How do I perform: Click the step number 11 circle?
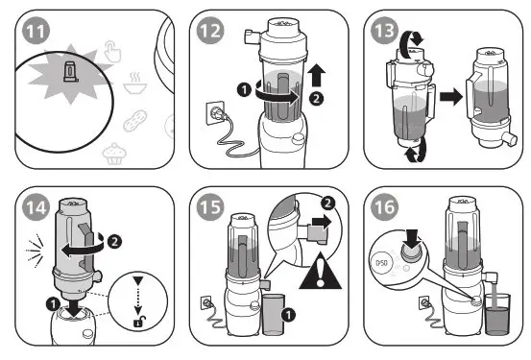[x=36, y=31]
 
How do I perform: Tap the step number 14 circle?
[x=36, y=207]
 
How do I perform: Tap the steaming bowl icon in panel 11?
[x=135, y=83]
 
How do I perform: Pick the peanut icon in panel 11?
[x=135, y=121]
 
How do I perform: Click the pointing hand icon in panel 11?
[x=112, y=51]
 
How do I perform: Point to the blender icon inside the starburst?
[x=71, y=71]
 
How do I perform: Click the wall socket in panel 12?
[x=215, y=112]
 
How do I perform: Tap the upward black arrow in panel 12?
[x=316, y=75]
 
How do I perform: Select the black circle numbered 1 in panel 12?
[x=244, y=89]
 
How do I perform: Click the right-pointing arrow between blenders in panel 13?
[x=451, y=97]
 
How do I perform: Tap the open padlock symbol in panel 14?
[x=139, y=321]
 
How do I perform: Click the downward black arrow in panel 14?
[x=75, y=306]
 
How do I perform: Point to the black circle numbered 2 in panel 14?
[x=114, y=242]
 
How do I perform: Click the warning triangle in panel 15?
[x=321, y=272]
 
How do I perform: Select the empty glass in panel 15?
[x=274, y=315]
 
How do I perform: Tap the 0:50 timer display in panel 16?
[x=381, y=262]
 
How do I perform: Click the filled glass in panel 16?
[x=497, y=314]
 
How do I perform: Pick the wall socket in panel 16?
[x=423, y=301]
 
